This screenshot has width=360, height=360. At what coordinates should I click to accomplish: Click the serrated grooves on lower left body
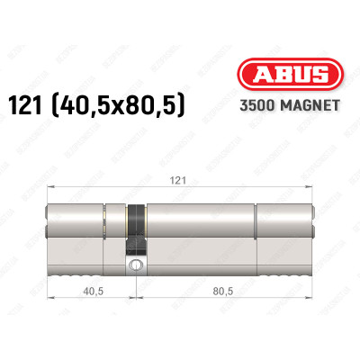[76, 268]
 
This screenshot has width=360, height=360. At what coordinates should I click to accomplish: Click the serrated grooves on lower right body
[283, 268]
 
